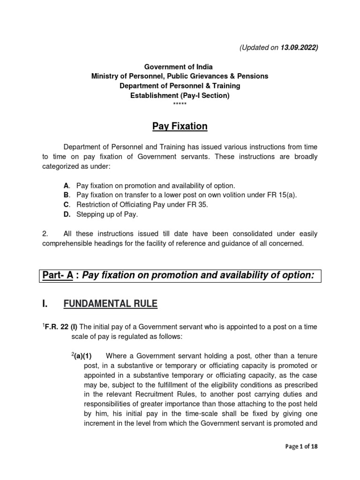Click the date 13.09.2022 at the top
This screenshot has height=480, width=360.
point(300,48)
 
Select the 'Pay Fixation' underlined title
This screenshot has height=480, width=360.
point(180,127)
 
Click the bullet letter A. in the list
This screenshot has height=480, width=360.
point(67,186)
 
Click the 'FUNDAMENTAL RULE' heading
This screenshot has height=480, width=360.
point(110,305)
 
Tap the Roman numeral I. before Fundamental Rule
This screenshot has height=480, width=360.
point(45,305)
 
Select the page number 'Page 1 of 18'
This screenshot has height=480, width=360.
point(301,447)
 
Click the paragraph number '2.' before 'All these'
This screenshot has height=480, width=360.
point(45,234)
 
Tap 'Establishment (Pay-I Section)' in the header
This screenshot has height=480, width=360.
point(180,95)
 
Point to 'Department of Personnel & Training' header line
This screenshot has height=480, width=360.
point(180,85)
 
